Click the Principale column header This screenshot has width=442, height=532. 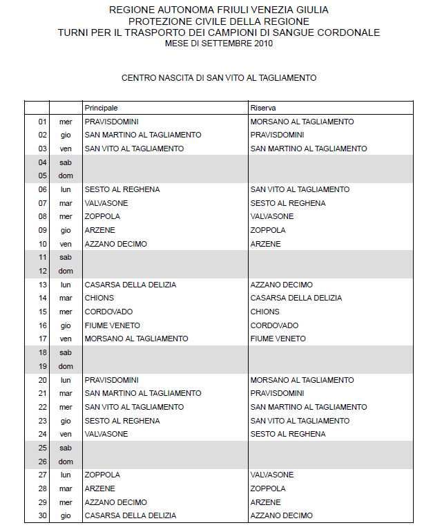[102, 108]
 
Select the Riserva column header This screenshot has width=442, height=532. [263, 108]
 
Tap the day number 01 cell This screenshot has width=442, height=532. [43, 122]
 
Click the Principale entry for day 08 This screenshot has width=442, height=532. [102, 216]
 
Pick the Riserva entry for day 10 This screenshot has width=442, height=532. [266, 244]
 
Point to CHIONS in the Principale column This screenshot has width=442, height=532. [99, 298]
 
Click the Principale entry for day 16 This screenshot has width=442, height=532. [113, 325]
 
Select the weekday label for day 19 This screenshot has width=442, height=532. [66, 366]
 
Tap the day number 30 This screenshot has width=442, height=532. [43, 515]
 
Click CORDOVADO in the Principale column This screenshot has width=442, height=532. [108, 312]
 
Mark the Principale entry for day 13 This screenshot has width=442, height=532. [131, 285]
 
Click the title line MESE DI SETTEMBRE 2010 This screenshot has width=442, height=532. [219, 44]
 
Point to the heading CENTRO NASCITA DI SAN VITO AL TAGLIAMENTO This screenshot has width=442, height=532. [219, 78]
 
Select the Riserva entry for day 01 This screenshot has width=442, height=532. [302, 122]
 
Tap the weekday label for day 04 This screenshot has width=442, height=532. [66, 162]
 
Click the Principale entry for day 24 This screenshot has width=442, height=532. [106, 434]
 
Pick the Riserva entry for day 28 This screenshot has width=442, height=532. [268, 488]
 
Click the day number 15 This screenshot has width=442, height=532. [43, 312]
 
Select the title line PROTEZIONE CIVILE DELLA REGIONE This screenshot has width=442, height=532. [219, 21]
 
